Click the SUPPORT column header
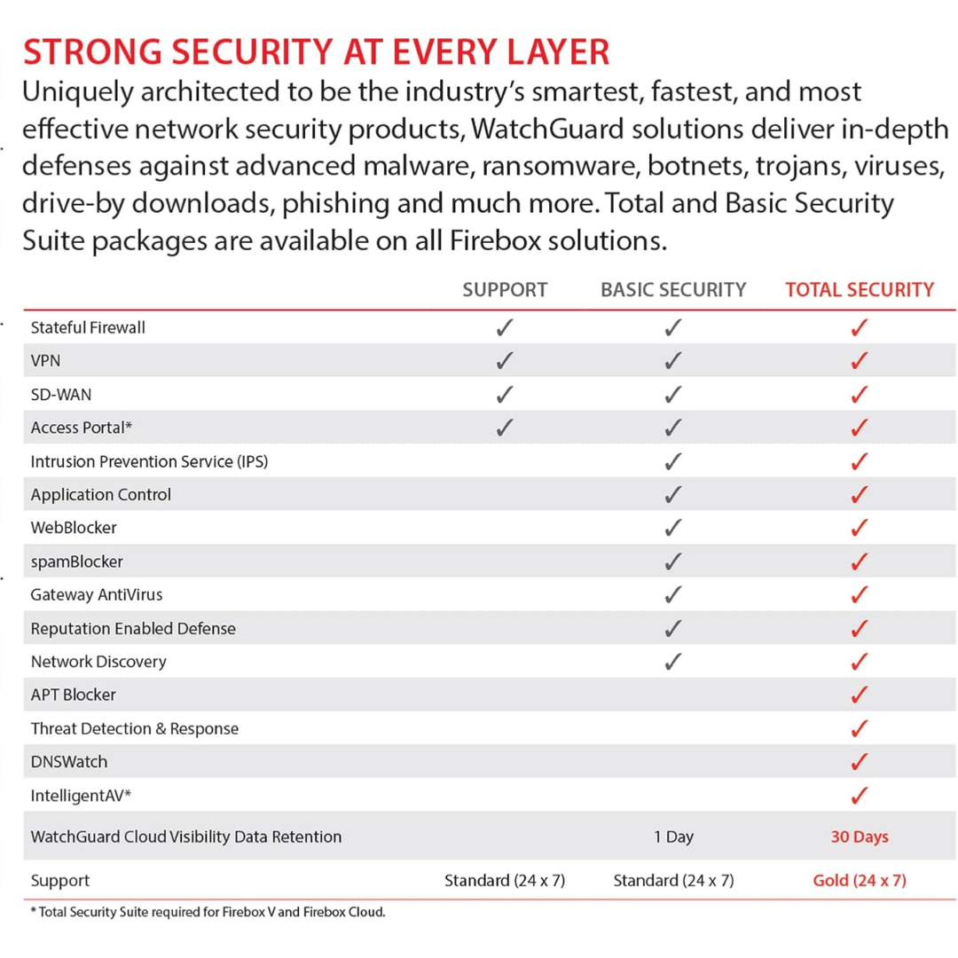[x=505, y=289]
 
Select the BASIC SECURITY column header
[x=673, y=289]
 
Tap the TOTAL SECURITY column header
[x=860, y=289]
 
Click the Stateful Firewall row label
[x=88, y=328]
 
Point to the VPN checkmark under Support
[x=505, y=360]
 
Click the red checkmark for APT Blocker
[x=860, y=695]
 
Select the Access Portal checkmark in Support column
[x=505, y=427]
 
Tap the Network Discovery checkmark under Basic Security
[x=673, y=661]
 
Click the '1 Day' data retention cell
[x=673, y=836]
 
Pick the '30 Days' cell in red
[x=860, y=836]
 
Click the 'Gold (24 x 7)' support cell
[x=860, y=881]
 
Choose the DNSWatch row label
[x=69, y=762]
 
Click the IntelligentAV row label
[x=81, y=796]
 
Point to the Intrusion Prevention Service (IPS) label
[x=150, y=461]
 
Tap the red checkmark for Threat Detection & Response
[x=860, y=728]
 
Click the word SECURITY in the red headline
[x=252, y=52]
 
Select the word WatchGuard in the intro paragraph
[x=547, y=129]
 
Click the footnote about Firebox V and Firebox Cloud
[x=208, y=912]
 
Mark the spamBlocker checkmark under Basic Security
[x=673, y=561]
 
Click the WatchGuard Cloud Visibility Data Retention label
[x=186, y=836]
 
